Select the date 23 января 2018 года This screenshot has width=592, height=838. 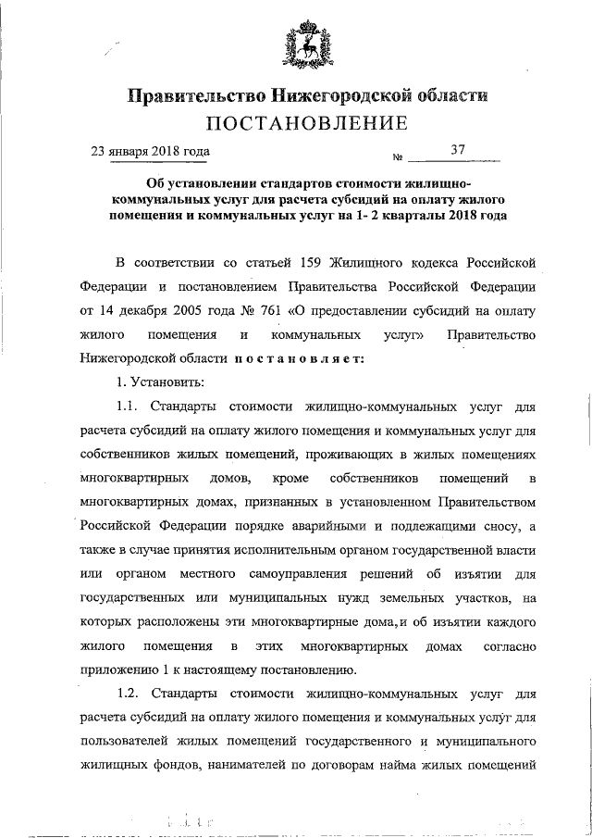pyautogui.click(x=149, y=150)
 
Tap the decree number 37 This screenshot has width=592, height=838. pyautogui.click(x=458, y=149)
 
